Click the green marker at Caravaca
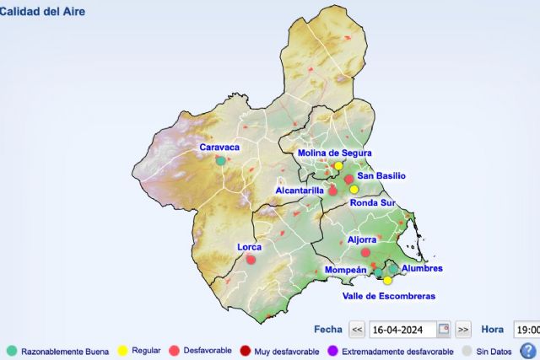[x=220, y=160]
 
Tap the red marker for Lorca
[x=251, y=260]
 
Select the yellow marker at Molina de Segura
[x=338, y=166]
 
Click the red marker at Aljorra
[x=366, y=253]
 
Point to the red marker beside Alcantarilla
[x=333, y=191]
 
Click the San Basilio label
[x=381, y=176]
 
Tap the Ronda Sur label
[x=372, y=203]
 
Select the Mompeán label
[x=345, y=271]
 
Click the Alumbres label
[x=422, y=269]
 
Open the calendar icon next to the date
[x=444, y=330]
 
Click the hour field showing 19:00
[x=526, y=330]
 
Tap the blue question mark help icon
[x=528, y=351]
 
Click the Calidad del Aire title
[x=42, y=12]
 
